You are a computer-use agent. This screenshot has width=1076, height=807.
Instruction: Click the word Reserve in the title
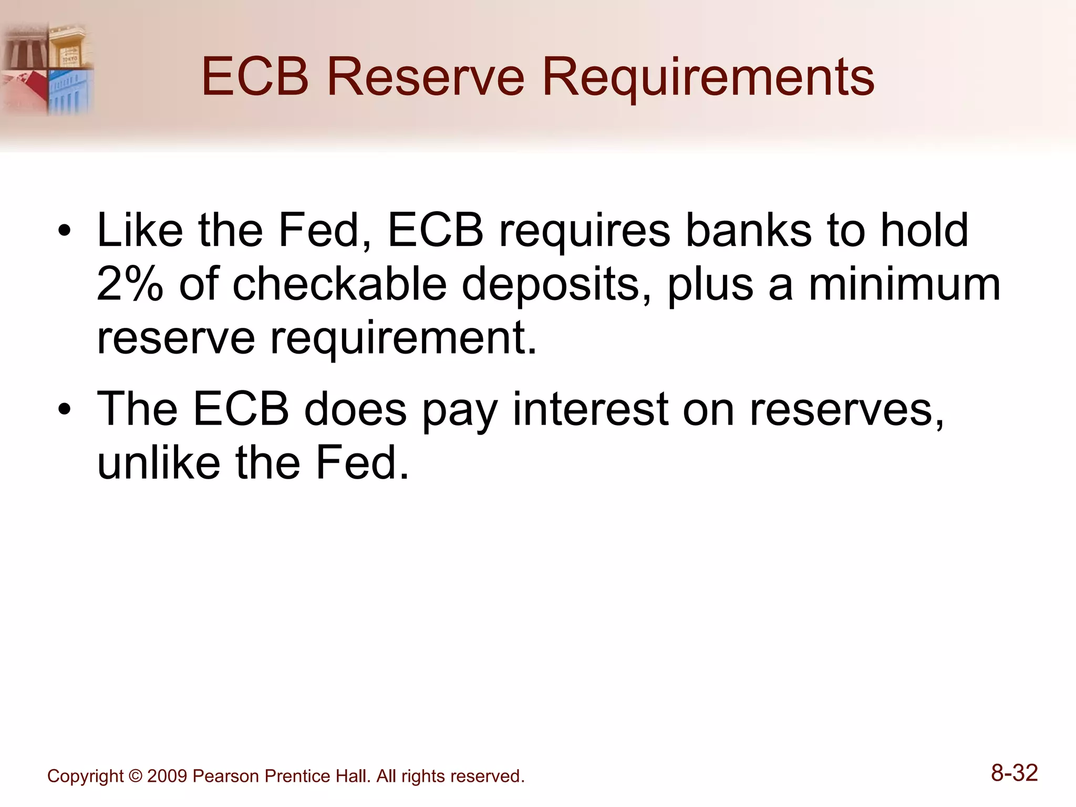[426, 77]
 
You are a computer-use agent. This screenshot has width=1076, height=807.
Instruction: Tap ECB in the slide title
[255, 77]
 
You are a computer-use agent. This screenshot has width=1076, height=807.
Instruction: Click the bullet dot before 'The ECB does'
[64, 410]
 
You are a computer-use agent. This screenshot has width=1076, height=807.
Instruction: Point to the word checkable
[339, 284]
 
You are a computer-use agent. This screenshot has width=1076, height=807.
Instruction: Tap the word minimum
[904, 284]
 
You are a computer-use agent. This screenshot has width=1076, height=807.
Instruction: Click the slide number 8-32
[1014, 773]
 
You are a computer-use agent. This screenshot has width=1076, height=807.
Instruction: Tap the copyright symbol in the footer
[136, 776]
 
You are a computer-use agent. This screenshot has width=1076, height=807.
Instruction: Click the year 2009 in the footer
[167, 776]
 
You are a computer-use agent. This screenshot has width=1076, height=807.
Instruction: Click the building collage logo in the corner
[47, 68]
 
